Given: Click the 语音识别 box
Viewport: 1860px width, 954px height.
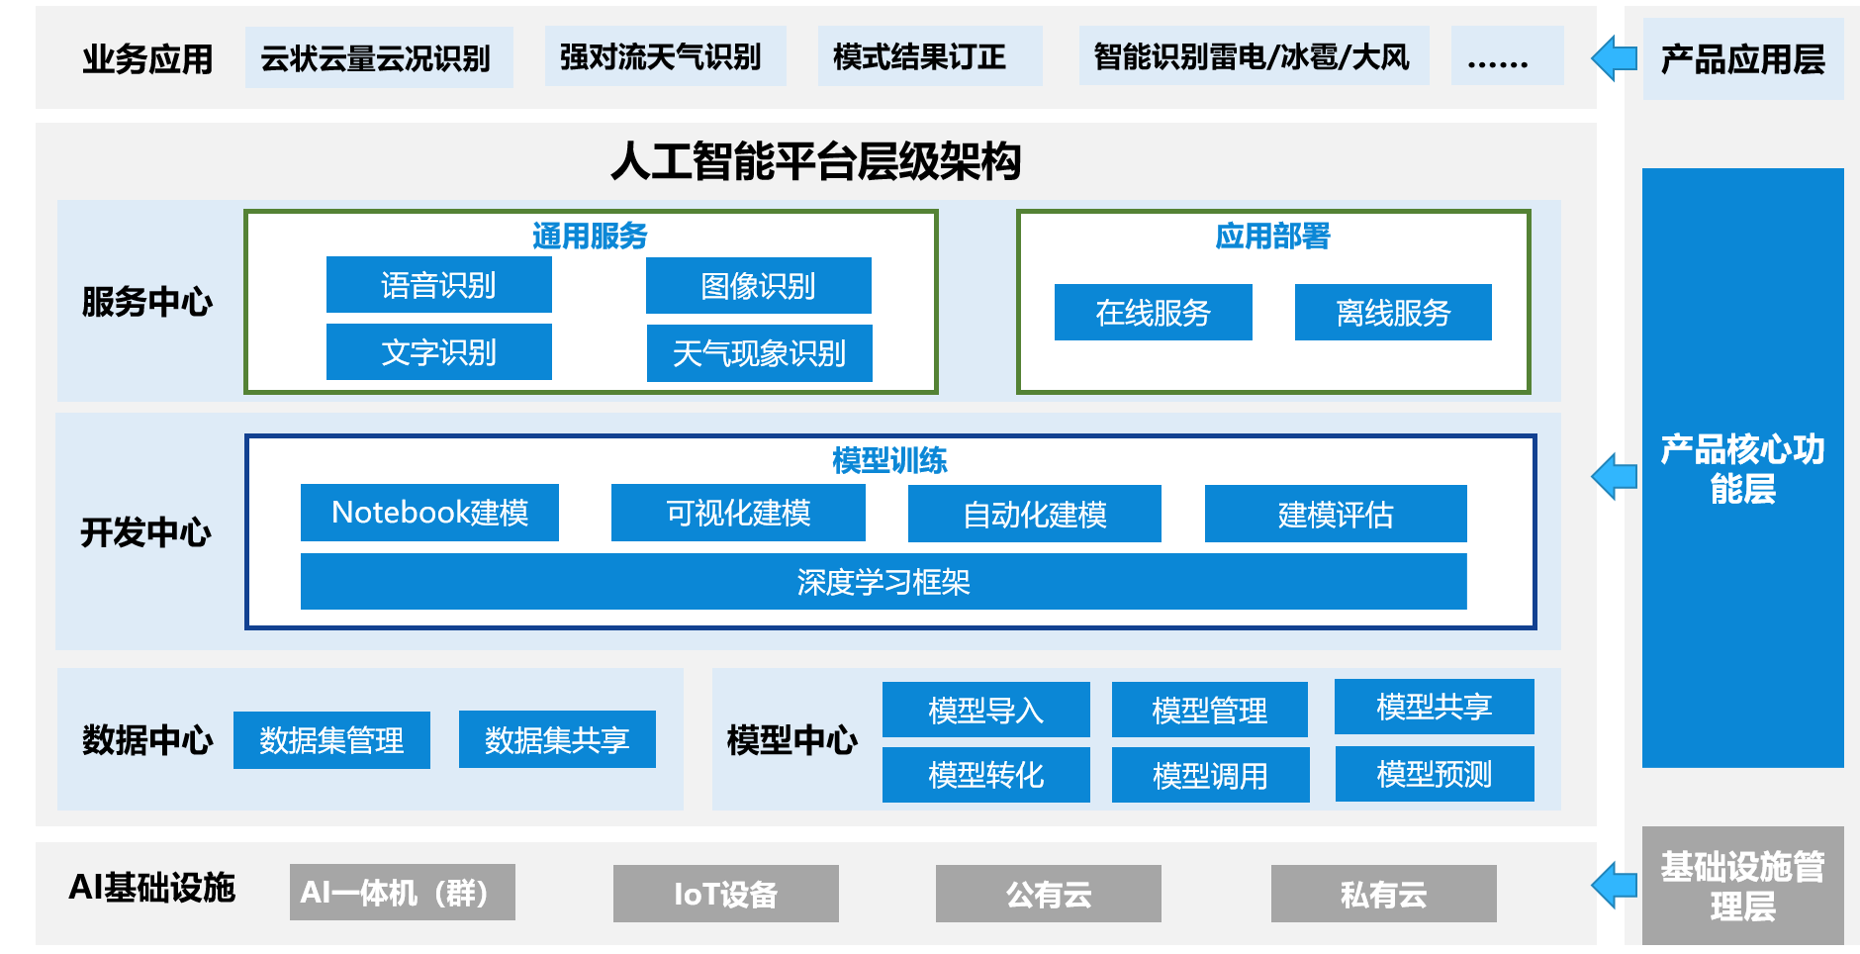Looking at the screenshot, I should click(438, 285).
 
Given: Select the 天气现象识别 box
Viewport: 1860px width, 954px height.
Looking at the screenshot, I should click(759, 353).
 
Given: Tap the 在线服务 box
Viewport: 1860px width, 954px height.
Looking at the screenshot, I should click(1153, 313).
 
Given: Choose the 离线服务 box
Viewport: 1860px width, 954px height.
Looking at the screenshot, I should click(1393, 313).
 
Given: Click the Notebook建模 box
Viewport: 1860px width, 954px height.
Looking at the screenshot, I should click(429, 513).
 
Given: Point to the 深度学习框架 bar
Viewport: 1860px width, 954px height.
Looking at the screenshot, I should click(883, 582).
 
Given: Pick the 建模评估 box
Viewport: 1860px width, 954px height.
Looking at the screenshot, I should click(1336, 514).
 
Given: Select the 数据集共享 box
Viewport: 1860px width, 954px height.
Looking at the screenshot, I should click(557, 739).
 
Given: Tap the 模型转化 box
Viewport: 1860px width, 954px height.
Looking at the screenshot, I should click(985, 775).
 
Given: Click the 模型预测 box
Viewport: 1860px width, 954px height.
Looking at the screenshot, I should click(1435, 774).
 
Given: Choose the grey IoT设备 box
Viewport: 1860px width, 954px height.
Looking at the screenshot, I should click(725, 894).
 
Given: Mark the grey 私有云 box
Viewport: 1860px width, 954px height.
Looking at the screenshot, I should click(1383, 894).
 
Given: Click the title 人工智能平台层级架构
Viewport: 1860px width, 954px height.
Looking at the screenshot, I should click(816, 161).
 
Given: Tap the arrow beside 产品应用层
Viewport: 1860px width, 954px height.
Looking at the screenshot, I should click(1615, 58).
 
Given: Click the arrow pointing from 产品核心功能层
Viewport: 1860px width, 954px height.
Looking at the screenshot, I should click(1615, 477).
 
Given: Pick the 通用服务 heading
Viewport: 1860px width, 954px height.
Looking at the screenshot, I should click(590, 236).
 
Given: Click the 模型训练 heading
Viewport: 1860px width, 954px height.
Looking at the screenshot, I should click(889, 460).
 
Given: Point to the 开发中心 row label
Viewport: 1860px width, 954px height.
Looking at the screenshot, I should click(146, 532).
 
